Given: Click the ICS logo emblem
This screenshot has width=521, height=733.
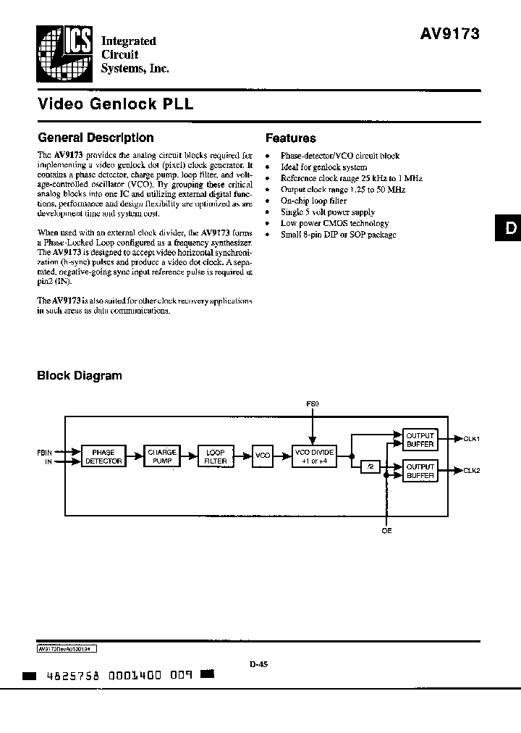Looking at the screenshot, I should click(x=62, y=52).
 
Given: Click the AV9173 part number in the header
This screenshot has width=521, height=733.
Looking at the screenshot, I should click(x=450, y=33).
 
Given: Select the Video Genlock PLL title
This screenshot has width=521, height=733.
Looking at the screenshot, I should click(x=115, y=104).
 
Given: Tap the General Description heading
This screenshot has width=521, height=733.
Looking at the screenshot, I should click(x=96, y=138).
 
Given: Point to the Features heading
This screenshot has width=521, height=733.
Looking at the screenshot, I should click(x=291, y=138).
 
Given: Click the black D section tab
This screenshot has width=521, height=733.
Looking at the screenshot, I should click(x=509, y=229).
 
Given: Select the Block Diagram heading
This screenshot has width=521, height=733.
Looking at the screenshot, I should click(x=80, y=376).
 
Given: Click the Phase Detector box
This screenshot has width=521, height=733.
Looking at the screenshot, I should click(x=103, y=456).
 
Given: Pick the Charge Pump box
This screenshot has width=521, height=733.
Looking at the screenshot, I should click(x=162, y=456).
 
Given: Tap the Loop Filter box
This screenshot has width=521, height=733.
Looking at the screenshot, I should click(x=216, y=456).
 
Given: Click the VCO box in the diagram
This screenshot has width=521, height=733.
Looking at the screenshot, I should click(x=263, y=456).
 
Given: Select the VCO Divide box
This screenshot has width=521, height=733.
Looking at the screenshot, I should click(x=314, y=456).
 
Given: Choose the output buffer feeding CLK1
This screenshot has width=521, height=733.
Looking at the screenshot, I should click(x=420, y=440).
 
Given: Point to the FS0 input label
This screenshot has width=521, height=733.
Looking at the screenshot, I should click(x=313, y=402).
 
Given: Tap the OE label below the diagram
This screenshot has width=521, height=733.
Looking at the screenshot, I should click(x=386, y=531).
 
